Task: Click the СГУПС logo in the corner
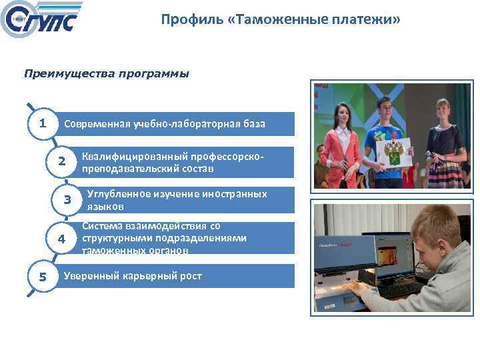(x=41, y=21)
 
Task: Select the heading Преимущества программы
(x=107, y=73)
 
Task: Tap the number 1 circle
(x=42, y=123)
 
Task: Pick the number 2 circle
(x=61, y=162)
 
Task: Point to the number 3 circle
(x=67, y=200)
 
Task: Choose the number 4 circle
(x=61, y=239)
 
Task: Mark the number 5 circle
(x=42, y=277)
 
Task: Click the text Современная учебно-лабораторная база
(x=164, y=124)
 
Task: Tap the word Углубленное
(x=119, y=194)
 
